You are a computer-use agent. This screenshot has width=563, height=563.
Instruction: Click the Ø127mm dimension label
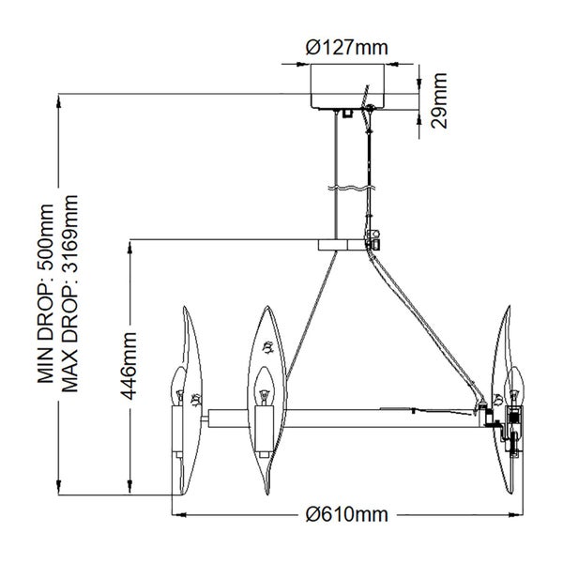click(346, 46)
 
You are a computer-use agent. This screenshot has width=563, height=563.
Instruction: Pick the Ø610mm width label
click(346, 514)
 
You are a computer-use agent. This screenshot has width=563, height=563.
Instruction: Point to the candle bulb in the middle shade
click(262, 385)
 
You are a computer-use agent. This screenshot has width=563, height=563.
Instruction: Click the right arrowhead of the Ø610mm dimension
click(518, 514)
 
